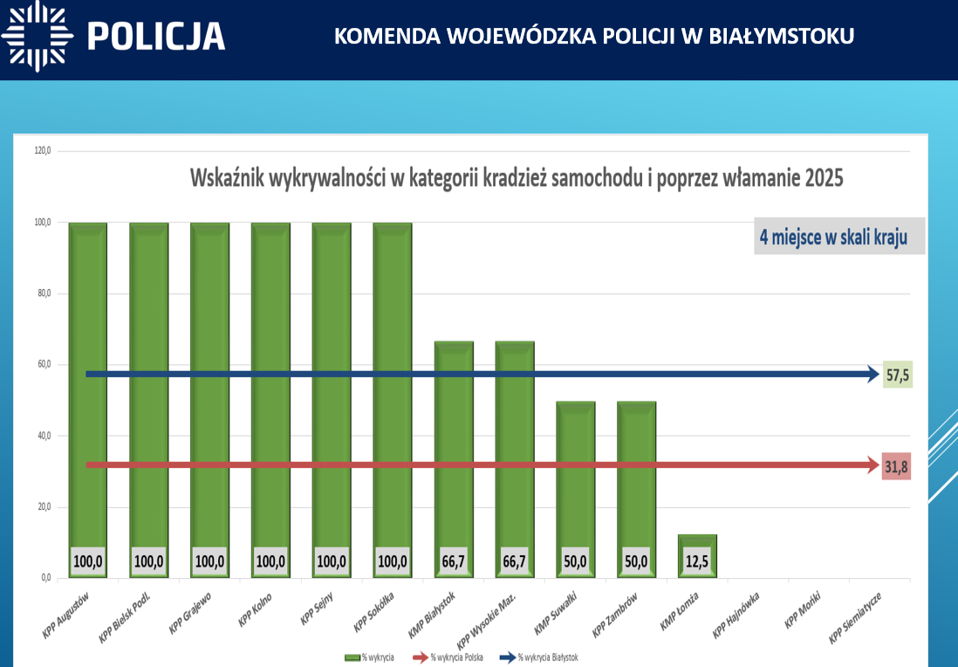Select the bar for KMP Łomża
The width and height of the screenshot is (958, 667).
[697, 546]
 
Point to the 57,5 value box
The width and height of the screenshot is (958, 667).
[898, 375]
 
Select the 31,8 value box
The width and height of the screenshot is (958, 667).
[896, 466]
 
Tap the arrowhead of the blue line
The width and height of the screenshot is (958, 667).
[872, 375]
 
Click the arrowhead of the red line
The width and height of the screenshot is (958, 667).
[872, 465]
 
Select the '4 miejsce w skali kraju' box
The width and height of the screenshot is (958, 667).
[838, 237]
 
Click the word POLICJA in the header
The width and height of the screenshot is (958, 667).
[156, 36]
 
